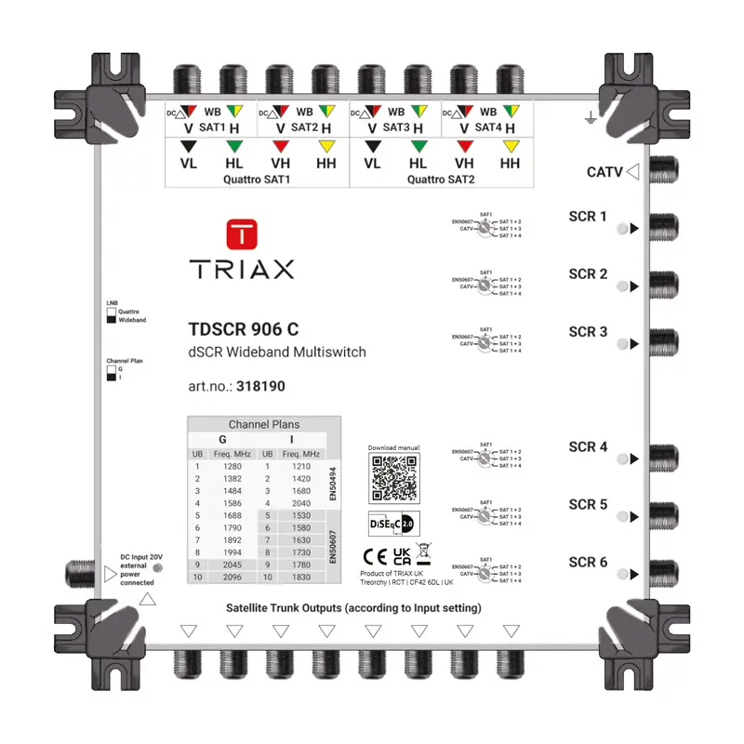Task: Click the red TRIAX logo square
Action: tap(242, 233)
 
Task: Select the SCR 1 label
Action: tap(588, 217)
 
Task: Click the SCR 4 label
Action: tap(588, 447)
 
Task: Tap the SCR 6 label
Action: tap(588, 563)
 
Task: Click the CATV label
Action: tap(604, 172)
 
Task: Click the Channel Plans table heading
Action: tap(264, 424)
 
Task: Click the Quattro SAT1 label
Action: tap(257, 179)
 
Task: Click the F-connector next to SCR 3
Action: tap(662, 341)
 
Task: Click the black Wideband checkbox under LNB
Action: tap(111, 319)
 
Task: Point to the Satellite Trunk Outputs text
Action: tap(353, 608)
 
